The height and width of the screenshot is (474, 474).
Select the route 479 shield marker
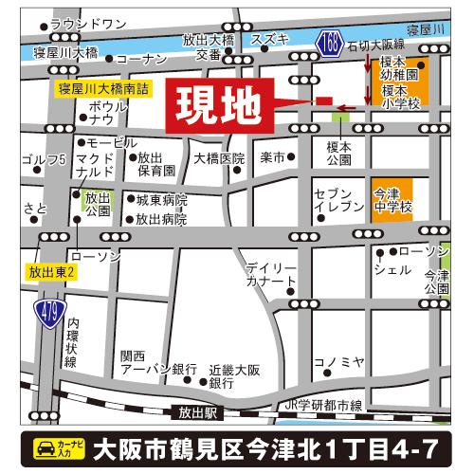46,309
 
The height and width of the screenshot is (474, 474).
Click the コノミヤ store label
338,361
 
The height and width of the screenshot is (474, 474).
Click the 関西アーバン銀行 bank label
145,362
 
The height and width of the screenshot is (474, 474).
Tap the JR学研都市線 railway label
324,406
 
